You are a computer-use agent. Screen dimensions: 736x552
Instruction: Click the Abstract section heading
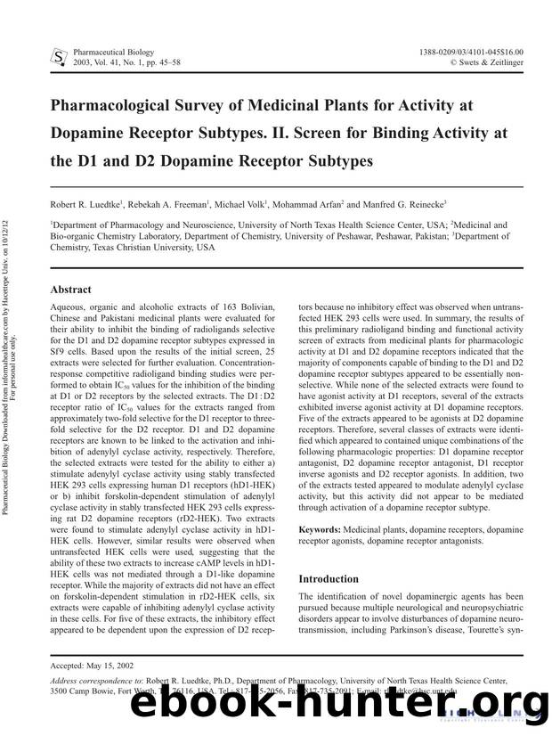(x=72, y=290)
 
